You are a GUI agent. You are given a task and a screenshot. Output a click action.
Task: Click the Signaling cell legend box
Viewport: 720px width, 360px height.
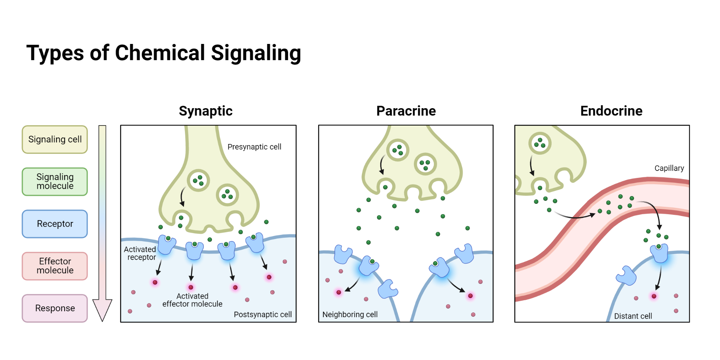point(55,140)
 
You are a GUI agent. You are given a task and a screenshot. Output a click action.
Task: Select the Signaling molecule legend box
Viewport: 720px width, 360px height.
point(55,182)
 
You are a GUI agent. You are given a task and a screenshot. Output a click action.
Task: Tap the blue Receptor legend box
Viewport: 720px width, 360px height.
point(55,224)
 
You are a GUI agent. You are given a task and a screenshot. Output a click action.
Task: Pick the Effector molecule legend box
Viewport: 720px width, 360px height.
point(55,266)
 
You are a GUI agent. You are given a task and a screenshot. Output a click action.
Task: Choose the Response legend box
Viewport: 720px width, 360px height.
point(55,308)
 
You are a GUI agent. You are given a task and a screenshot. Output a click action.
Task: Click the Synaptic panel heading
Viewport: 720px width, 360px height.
point(206,111)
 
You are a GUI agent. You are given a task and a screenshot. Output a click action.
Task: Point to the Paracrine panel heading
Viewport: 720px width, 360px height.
point(406,111)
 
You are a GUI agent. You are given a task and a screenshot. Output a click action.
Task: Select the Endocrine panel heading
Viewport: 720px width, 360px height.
point(611,111)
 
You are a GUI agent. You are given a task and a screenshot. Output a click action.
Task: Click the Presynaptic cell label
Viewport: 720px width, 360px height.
point(254,147)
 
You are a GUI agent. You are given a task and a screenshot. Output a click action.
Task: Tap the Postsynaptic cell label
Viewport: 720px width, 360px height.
point(263,315)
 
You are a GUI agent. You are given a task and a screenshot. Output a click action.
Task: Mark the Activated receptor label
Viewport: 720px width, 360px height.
point(140,253)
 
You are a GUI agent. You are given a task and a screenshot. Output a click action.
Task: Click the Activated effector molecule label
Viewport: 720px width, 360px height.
point(192,300)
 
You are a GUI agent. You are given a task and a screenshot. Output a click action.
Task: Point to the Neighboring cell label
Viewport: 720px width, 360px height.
point(350,315)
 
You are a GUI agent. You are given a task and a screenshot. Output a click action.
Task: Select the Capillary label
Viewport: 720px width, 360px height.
point(669,168)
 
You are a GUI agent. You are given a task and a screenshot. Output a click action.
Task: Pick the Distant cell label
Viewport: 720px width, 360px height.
point(633,316)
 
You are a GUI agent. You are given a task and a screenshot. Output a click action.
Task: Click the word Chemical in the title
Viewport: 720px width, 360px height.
point(160,53)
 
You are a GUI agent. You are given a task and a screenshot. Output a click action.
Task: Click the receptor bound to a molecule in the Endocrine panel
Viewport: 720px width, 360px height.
point(659,253)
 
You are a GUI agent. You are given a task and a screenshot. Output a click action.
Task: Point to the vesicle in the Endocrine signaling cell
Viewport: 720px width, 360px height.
point(540,143)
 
